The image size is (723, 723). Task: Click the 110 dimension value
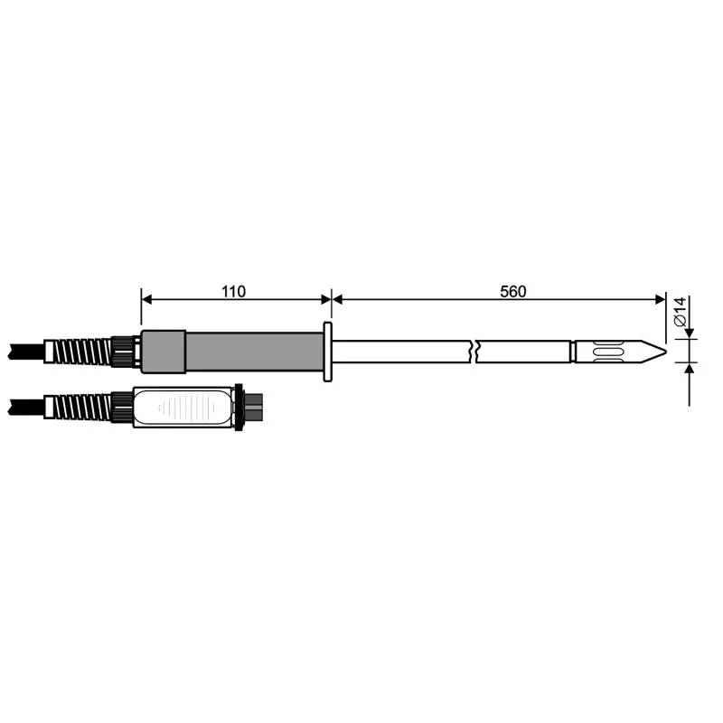click(x=234, y=292)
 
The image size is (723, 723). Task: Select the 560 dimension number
click(x=512, y=292)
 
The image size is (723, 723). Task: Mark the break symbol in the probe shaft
click(x=475, y=351)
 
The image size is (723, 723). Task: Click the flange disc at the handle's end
click(x=327, y=351)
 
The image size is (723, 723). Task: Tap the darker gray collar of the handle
click(x=164, y=351)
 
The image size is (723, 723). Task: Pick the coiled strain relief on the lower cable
click(x=84, y=407)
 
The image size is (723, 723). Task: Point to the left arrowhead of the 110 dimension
click(x=147, y=299)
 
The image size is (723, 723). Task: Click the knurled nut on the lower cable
click(x=122, y=407)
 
